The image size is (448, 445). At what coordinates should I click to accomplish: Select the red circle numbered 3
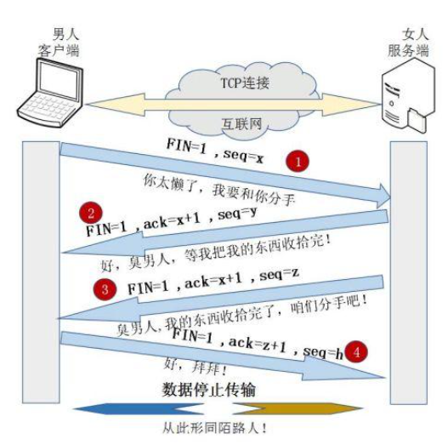pos(105,289)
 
